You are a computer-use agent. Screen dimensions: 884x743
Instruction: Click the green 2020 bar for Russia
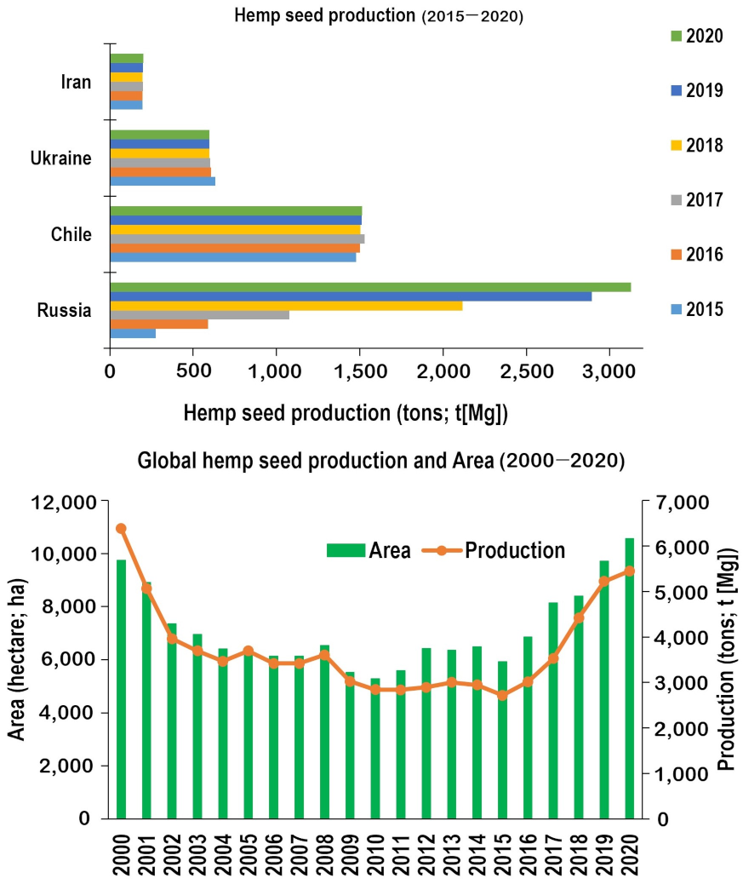click(x=370, y=287)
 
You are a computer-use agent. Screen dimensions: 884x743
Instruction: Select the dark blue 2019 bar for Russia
click(x=351, y=296)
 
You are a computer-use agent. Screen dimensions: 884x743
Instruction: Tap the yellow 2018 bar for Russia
click(x=286, y=306)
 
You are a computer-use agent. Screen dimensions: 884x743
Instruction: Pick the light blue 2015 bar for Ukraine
click(x=163, y=181)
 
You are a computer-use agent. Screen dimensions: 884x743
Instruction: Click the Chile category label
click(x=71, y=234)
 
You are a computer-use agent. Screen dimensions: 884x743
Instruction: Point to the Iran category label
click(x=76, y=83)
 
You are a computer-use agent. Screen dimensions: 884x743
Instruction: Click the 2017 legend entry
click(x=695, y=200)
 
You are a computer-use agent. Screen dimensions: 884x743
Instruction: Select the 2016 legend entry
click(x=695, y=255)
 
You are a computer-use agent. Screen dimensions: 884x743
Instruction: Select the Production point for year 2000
click(x=121, y=529)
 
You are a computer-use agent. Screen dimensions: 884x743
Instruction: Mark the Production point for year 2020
click(x=630, y=571)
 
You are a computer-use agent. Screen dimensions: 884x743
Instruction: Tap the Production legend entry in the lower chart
click(x=504, y=550)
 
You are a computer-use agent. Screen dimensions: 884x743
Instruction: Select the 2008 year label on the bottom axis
click(x=324, y=851)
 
